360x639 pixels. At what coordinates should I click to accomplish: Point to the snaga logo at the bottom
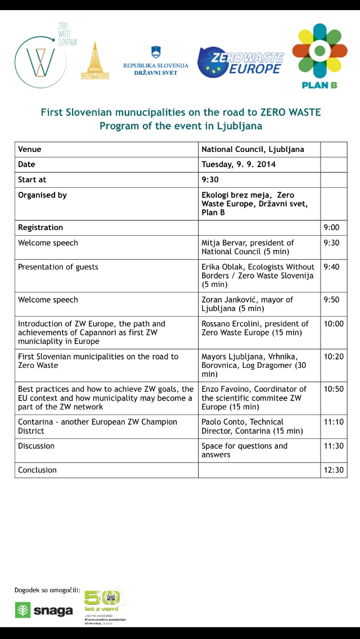tap(44, 611)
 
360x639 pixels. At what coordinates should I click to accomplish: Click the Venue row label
tap(30, 150)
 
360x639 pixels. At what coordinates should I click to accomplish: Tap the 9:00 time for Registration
tap(331, 228)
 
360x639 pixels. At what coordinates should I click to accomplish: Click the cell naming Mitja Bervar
tap(247, 247)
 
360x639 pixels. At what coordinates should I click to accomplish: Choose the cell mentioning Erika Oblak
tap(258, 276)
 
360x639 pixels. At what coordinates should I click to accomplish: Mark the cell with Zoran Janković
tap(247, 304)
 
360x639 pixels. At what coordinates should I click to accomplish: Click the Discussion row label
tap(37, 446)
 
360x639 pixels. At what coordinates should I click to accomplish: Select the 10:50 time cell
tap(333, 389)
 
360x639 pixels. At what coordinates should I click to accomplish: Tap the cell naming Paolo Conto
tap(252, 426)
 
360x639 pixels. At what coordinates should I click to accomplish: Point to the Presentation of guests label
tap(58, 267)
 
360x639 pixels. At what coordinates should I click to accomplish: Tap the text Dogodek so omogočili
tap(47, 591)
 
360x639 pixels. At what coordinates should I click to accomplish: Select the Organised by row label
tap(42, 195)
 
